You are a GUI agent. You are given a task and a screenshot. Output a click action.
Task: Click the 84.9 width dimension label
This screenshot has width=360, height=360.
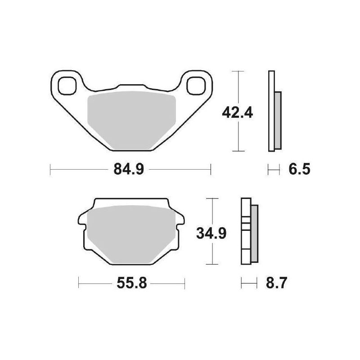click(x=129, y=169)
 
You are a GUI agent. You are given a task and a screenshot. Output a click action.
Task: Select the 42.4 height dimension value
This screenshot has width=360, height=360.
click(x=238, y=113)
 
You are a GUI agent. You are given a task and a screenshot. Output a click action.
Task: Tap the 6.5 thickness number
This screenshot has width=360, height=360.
click(x=299, y=169)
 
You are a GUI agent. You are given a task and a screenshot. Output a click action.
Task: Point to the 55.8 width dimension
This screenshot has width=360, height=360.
click(x=131, y=283)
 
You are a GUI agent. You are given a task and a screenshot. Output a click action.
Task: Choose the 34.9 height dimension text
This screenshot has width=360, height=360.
click(x=211, y=233)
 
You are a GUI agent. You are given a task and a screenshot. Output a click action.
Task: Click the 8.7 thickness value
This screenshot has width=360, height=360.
click(x=276, y=283)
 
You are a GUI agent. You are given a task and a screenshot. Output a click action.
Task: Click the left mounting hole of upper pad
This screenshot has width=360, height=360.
click(x=67, y=86)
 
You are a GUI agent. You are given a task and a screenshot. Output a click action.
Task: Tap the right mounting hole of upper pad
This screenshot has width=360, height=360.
click(x=196, y=86)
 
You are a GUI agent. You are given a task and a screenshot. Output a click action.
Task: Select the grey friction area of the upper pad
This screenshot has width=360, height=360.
click(x=132, y=120)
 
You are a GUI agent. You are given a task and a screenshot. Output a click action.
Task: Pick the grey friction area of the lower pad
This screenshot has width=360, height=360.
click(x=131, y=234)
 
